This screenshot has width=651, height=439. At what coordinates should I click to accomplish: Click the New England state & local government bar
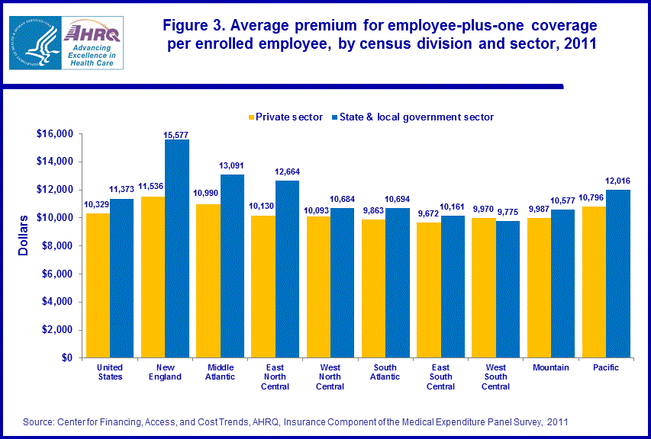click(177, 248)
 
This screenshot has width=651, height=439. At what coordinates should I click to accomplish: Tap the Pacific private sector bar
click(593, 281)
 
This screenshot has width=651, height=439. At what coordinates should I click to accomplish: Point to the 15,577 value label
click(177, 134)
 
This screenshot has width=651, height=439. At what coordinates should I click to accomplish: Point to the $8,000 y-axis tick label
click(55, 245)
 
